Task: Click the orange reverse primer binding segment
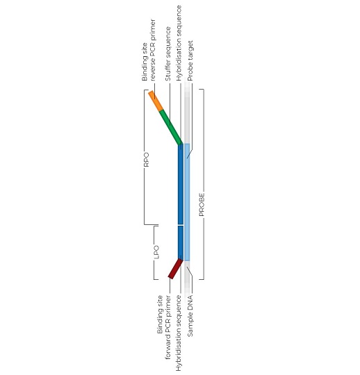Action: (156, 101)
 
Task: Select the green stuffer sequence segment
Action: (171, 127)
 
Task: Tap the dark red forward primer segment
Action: (175, 268)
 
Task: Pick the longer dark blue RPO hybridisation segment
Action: (181, 184)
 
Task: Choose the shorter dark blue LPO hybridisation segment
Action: (181, 243)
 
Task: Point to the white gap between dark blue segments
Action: (181, 225)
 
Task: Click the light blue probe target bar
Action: (187, 202)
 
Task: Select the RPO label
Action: (146, 160)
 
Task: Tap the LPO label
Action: (156, 252)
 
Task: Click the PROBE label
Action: (202, 204)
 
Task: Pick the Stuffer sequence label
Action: (168, 53)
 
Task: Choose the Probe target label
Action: (190, 60)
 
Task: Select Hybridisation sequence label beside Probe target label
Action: (179, 43)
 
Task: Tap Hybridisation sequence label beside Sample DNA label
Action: (179, 333)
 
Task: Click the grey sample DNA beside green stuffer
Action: (187, 113)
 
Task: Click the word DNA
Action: (190, 301)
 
